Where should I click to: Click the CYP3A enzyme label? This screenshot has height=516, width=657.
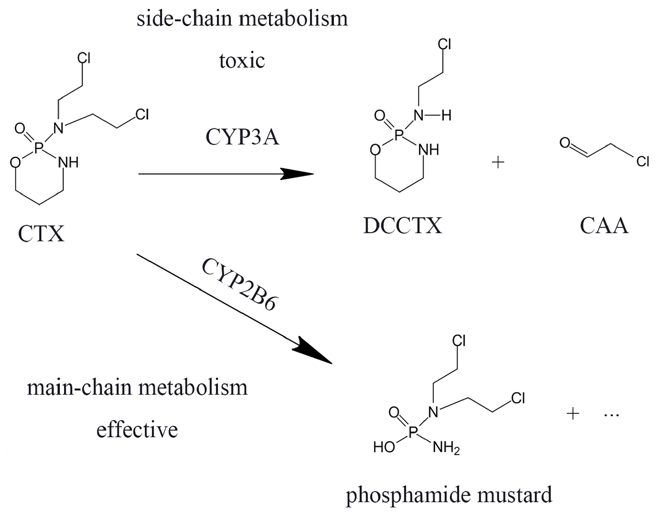[x=242, y=137]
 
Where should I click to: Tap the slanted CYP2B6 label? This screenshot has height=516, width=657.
[x=240, y=285]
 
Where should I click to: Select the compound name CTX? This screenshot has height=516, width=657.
[x=41, y=234]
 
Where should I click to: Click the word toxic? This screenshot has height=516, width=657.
[x=242, y=61]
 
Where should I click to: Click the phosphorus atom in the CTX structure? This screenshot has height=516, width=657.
[x=39, y=148]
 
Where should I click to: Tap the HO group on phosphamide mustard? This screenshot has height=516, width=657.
[x=384, y=447]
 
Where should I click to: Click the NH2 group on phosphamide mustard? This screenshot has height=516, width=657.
[x=446, y=447]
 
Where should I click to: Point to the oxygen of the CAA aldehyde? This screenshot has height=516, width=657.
[x=565, y=142]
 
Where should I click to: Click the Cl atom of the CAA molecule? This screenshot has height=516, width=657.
[x=643, y=161]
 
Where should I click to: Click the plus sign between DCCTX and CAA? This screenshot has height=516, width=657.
[x=498, y=162]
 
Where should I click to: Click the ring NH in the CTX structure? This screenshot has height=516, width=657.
[x=68, y=162]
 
